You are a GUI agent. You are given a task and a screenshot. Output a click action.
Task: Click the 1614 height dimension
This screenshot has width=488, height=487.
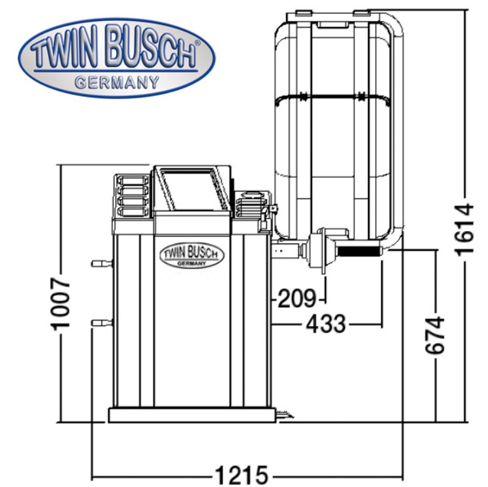464,230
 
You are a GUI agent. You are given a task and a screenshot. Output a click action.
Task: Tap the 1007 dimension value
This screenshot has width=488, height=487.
60,305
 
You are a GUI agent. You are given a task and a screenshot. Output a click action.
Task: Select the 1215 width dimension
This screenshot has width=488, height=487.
241,475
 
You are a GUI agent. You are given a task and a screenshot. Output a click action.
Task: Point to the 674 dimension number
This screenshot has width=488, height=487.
434,335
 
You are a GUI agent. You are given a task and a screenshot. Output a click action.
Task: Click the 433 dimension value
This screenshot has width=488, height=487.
326,324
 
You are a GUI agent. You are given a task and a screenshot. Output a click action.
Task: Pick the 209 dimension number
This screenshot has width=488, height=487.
296,299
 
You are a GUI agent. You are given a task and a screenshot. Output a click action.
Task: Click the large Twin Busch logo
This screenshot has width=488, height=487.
116,58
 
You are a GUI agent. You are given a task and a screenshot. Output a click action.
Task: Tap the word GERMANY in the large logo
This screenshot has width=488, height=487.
117,83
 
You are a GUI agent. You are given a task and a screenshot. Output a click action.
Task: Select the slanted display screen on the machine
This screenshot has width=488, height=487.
189,189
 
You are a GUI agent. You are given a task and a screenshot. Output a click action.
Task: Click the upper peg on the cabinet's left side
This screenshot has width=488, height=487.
102,264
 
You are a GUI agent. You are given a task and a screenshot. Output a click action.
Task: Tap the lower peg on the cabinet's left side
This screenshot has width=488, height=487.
102,323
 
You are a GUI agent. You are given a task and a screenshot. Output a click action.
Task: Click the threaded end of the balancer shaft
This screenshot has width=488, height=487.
359,251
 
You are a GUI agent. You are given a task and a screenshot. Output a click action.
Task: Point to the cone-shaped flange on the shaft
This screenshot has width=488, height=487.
317,251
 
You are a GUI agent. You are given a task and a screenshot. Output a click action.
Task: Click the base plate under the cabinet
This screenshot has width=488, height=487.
192,415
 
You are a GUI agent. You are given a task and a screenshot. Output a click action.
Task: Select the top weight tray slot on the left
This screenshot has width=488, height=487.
132,180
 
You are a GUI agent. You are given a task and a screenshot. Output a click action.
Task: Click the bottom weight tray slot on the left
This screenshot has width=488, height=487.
132,211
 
